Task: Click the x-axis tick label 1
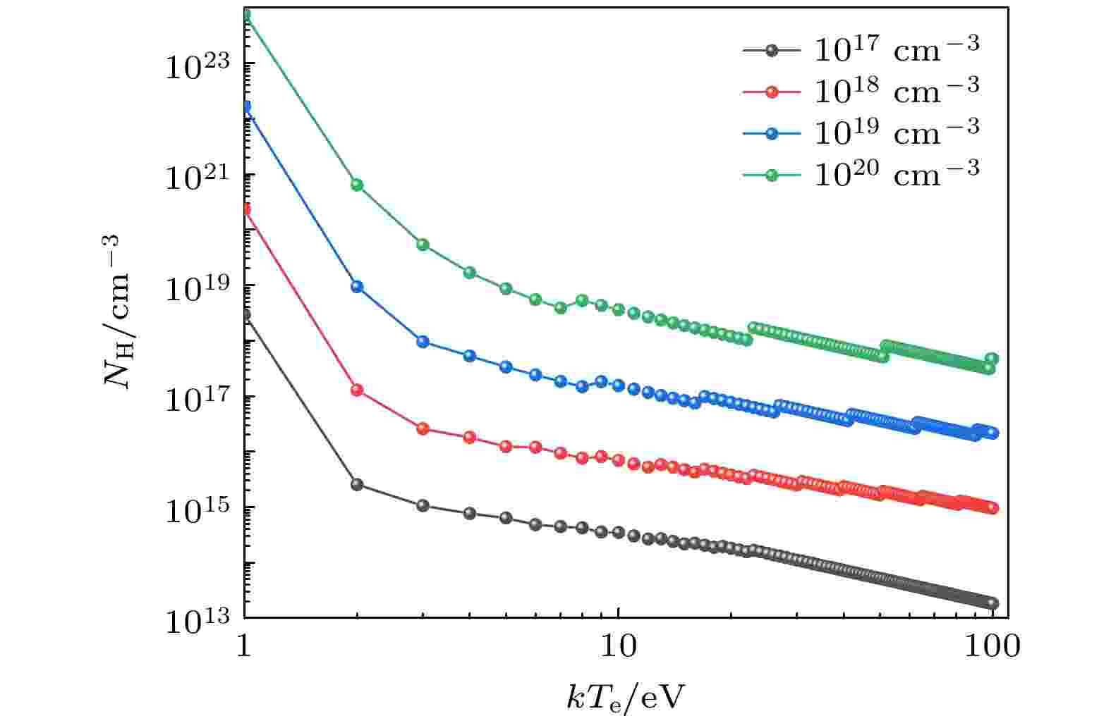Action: click(x=245, y=647)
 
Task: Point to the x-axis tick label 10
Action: click(x=618, y=647)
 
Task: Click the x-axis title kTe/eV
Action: click(x=625, y=698)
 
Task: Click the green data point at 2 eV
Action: click(x=357, y=185)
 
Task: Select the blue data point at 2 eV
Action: click(x=357, y=287)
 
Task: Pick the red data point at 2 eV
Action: click(x=357, y=390)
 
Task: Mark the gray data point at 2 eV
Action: click(x=357, y=484)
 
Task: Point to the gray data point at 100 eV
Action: click(x=992, y=603)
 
